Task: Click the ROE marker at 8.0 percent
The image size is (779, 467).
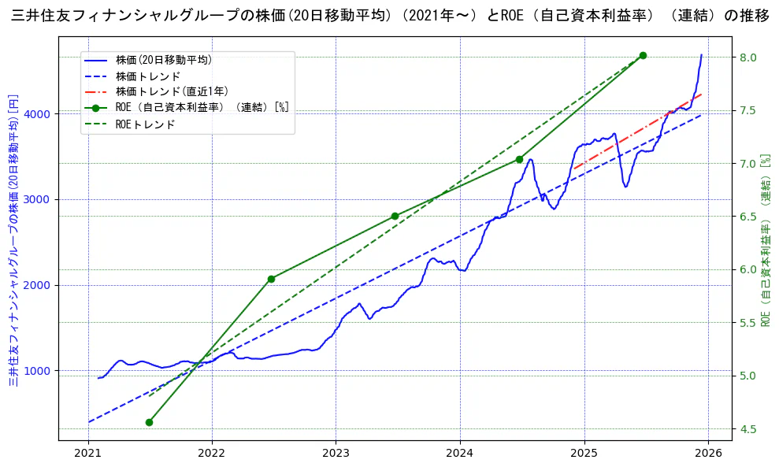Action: (643, 55)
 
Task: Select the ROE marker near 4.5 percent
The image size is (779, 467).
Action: (149, 422)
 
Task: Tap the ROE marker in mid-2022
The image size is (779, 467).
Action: (271, 279)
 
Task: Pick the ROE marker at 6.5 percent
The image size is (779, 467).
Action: (395, 216)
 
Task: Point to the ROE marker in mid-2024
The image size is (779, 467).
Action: (519, 159)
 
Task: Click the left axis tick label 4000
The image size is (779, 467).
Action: (39, 114)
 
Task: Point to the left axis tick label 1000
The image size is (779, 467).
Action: (39, 371)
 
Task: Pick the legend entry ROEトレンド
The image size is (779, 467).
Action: (145, 124)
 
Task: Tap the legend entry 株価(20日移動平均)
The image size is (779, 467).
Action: (163, 59)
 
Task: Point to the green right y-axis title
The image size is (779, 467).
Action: (766, 240)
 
